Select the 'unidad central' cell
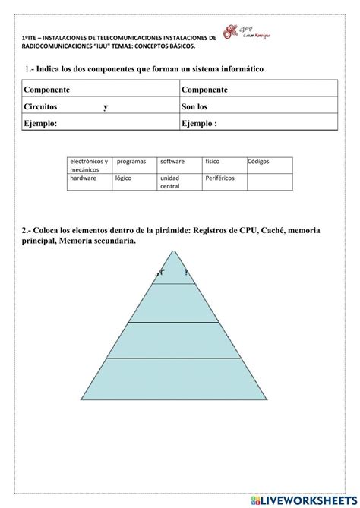(179, 182)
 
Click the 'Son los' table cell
(257, 107)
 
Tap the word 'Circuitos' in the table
(41, 107)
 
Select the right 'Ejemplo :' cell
(257, 123)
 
